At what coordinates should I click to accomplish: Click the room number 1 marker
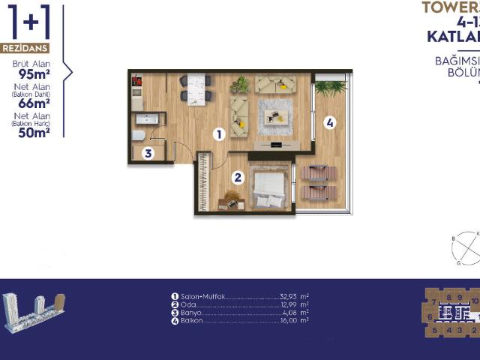click(219, 135)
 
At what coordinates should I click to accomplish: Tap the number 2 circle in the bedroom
click(238, 178)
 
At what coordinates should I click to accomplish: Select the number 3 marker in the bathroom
click(148, 154)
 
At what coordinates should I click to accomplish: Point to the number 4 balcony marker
click(330, 121)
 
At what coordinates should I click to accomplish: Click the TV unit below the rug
click(278, 144)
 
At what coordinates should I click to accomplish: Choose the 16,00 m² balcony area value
click(289, 321)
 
